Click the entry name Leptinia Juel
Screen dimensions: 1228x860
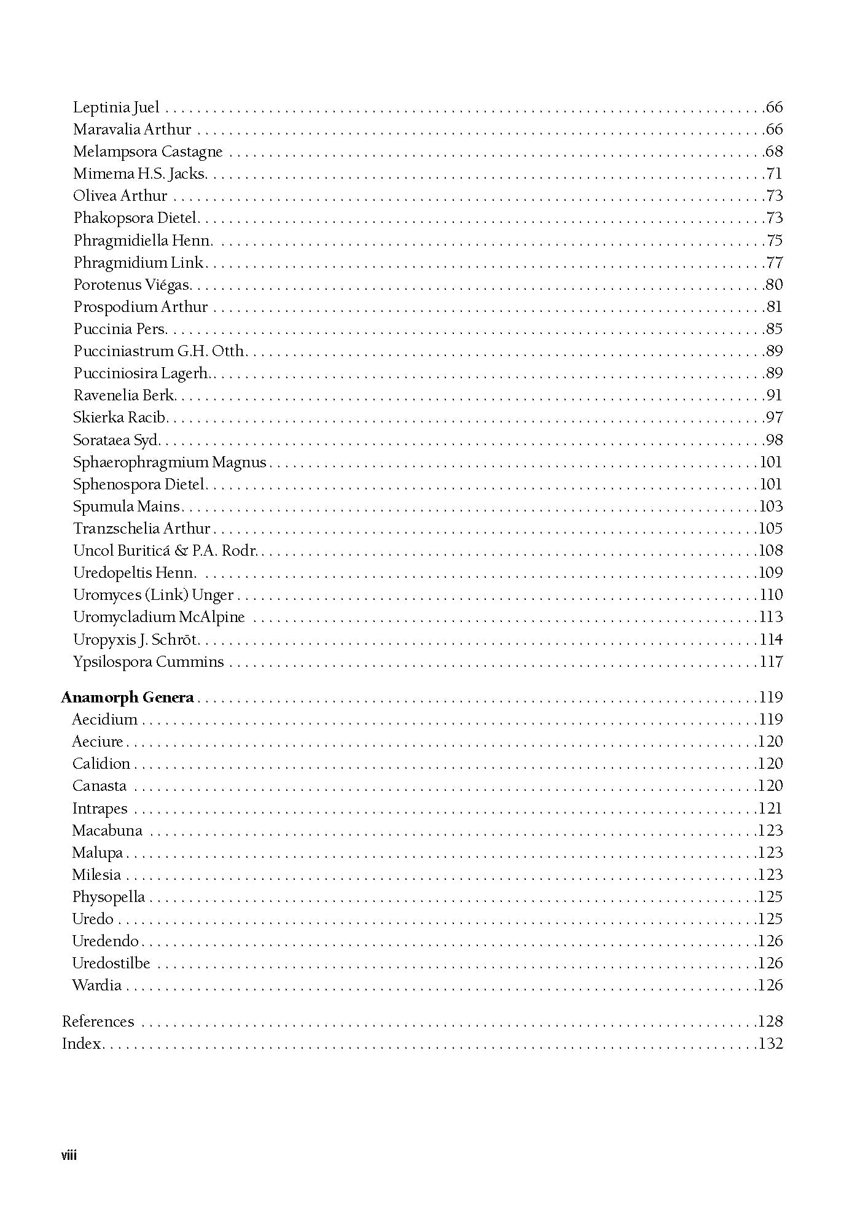(116, 107)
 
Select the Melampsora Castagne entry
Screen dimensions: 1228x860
(147, 152)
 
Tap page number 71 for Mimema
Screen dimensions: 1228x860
(774, 174)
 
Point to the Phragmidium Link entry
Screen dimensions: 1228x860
(138, 263)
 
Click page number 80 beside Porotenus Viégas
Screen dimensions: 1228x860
(774, 285)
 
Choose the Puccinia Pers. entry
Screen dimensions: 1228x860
(120, 329)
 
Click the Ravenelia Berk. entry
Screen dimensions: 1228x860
(124, 395)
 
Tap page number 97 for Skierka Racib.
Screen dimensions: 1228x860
(774, 418)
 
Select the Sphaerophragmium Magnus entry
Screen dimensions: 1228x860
(170, 462)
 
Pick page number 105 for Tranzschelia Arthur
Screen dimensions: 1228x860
(771, 529)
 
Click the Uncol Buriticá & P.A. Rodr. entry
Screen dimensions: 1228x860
(165, 551)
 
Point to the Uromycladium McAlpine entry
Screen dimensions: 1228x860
(158, 617)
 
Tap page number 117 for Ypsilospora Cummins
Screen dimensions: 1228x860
(771, 662)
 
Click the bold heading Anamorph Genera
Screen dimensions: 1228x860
(128, 698)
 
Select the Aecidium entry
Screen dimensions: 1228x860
(104, 720)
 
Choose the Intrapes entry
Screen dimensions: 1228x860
(100, 809)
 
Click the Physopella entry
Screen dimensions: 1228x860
(108, 897)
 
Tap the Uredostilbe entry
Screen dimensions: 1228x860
(111, 963)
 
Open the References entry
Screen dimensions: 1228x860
(98, 1022)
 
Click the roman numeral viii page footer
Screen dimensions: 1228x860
(69, 1156)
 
